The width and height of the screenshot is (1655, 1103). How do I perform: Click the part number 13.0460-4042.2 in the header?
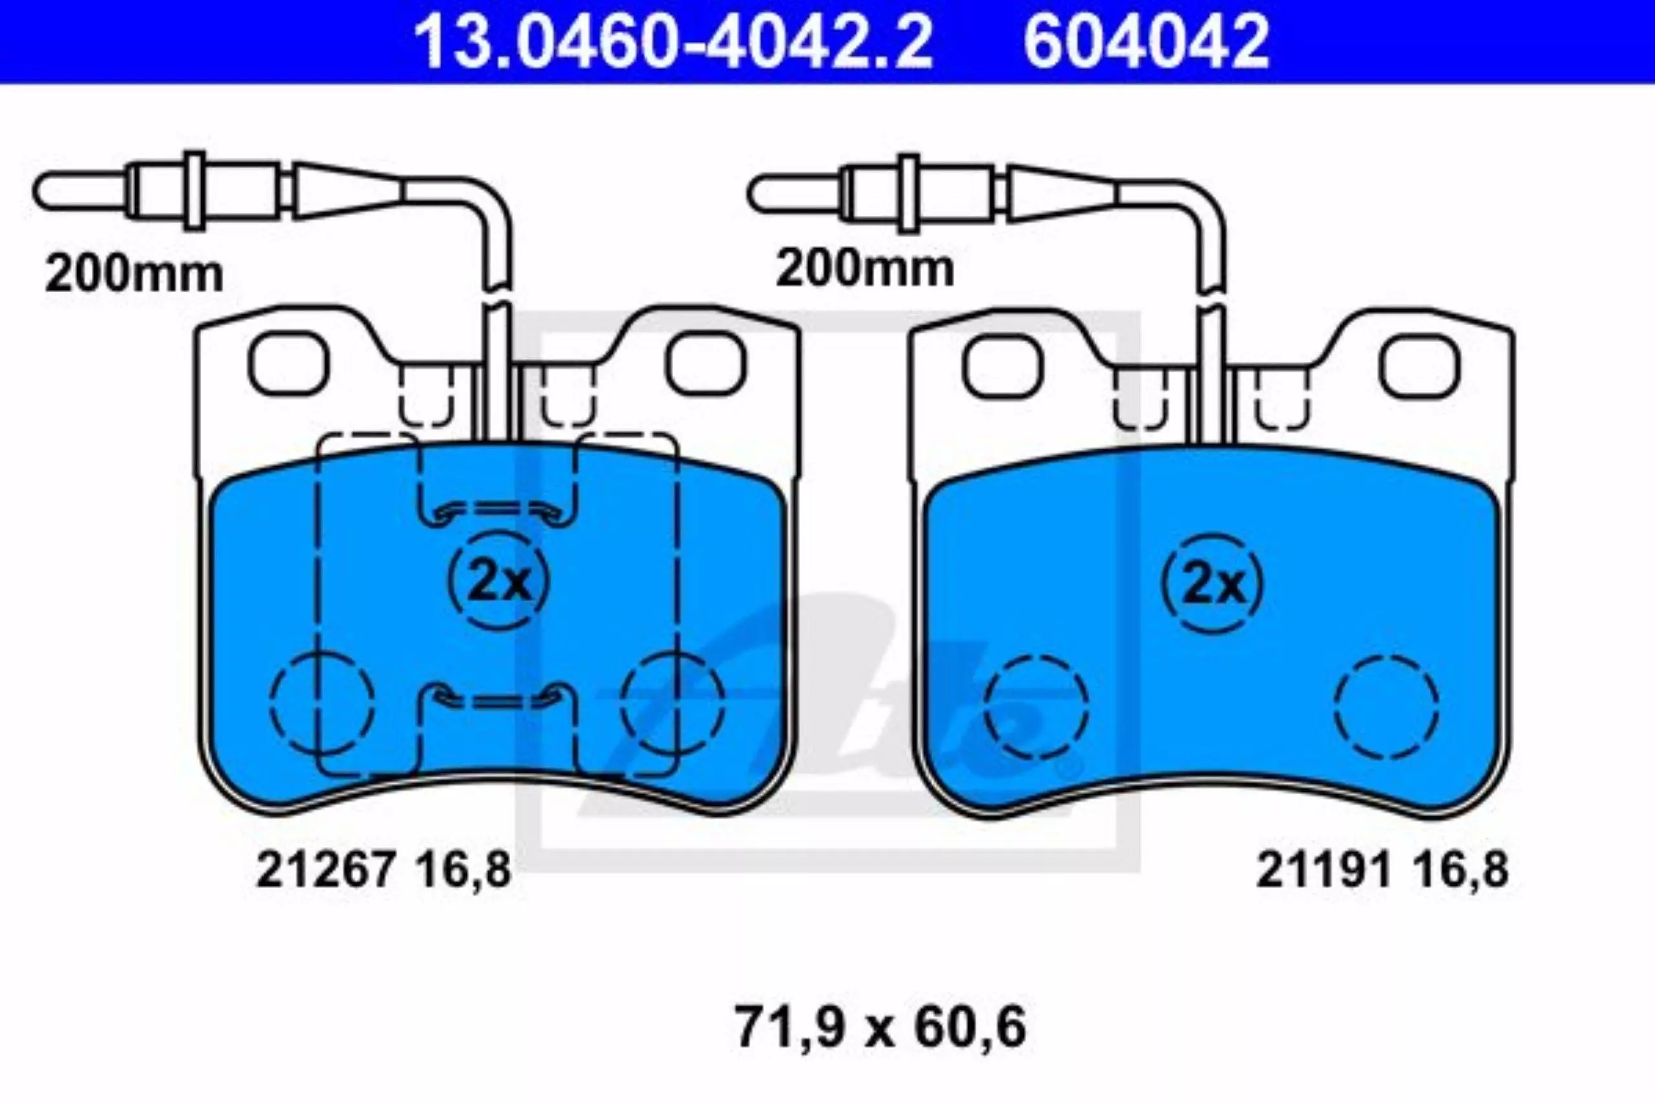click(x=673, y=41)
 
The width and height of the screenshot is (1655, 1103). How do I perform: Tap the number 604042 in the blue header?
click(x=1146, y=41)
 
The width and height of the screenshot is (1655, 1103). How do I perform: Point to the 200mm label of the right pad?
click(x=865, y=268)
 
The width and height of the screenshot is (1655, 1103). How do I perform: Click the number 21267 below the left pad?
click(x=325, y=870)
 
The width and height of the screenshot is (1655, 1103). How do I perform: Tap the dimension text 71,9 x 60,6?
click(x=881, y=1027)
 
